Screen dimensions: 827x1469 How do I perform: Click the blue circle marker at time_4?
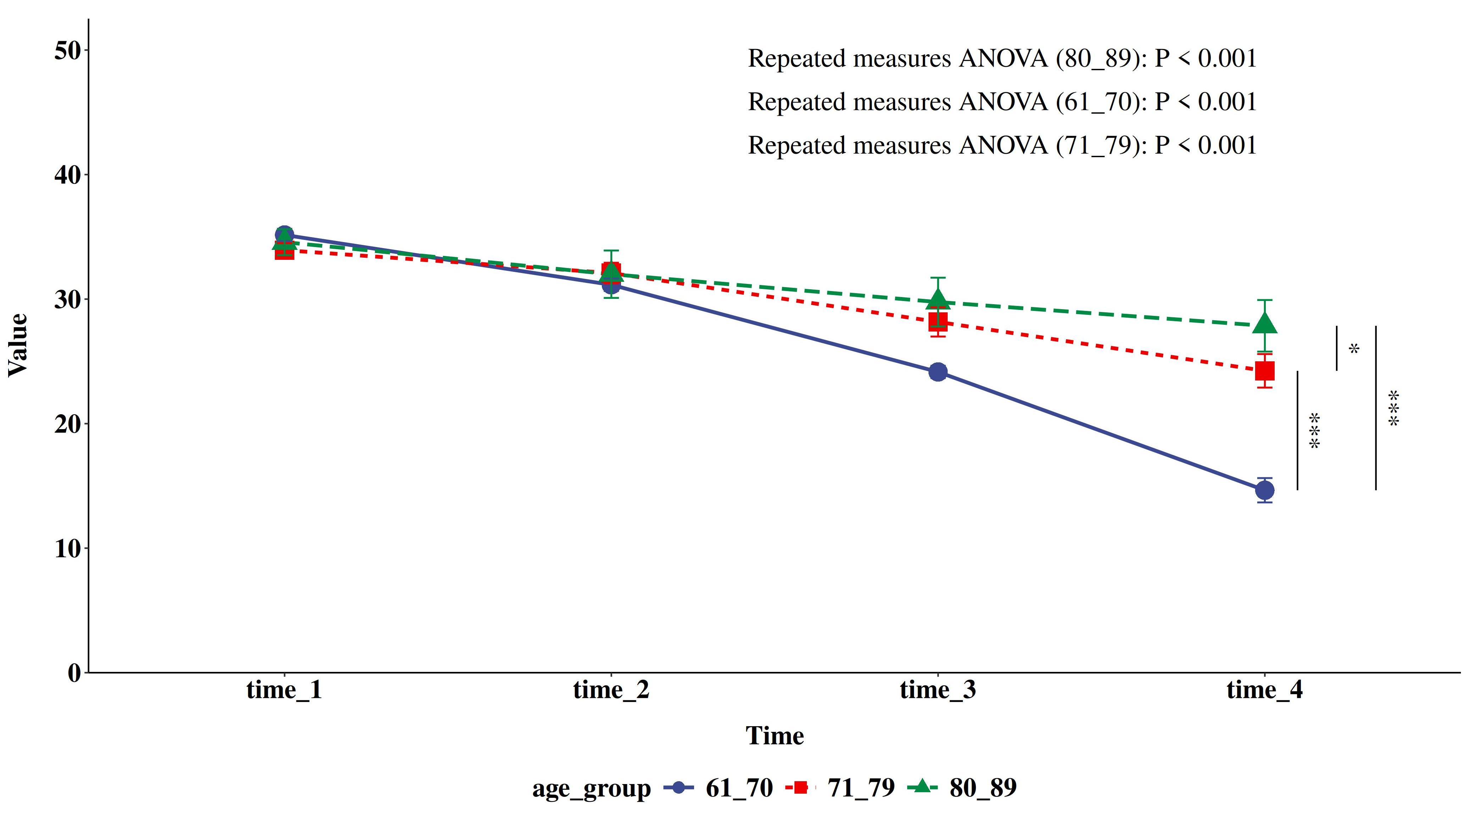pyautogui.click(x=1265, y=490)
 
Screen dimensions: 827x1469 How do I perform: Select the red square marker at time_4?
pyautogui.click(x=1265, y=371)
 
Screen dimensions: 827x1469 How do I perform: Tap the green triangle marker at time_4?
pyautogui.click(x=1265, y=324)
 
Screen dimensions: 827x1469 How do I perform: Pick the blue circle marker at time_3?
pyautogui.click(x=938, y=372)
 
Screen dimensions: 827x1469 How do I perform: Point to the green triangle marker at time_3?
pyautogui.click(x=938, y=300)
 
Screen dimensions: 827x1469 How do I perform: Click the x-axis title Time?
pyautogui.click(x=775, y=736)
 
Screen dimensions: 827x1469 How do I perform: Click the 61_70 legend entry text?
pyautogui.click(x=739, y=788)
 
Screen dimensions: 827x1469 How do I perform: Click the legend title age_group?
pyautogui.click(x=591, y=789)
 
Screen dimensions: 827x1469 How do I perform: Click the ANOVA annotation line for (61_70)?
pyautogui.click(x=1002, y=102)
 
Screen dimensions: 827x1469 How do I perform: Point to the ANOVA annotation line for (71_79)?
pyautogui.click(x=1002, y=146)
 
